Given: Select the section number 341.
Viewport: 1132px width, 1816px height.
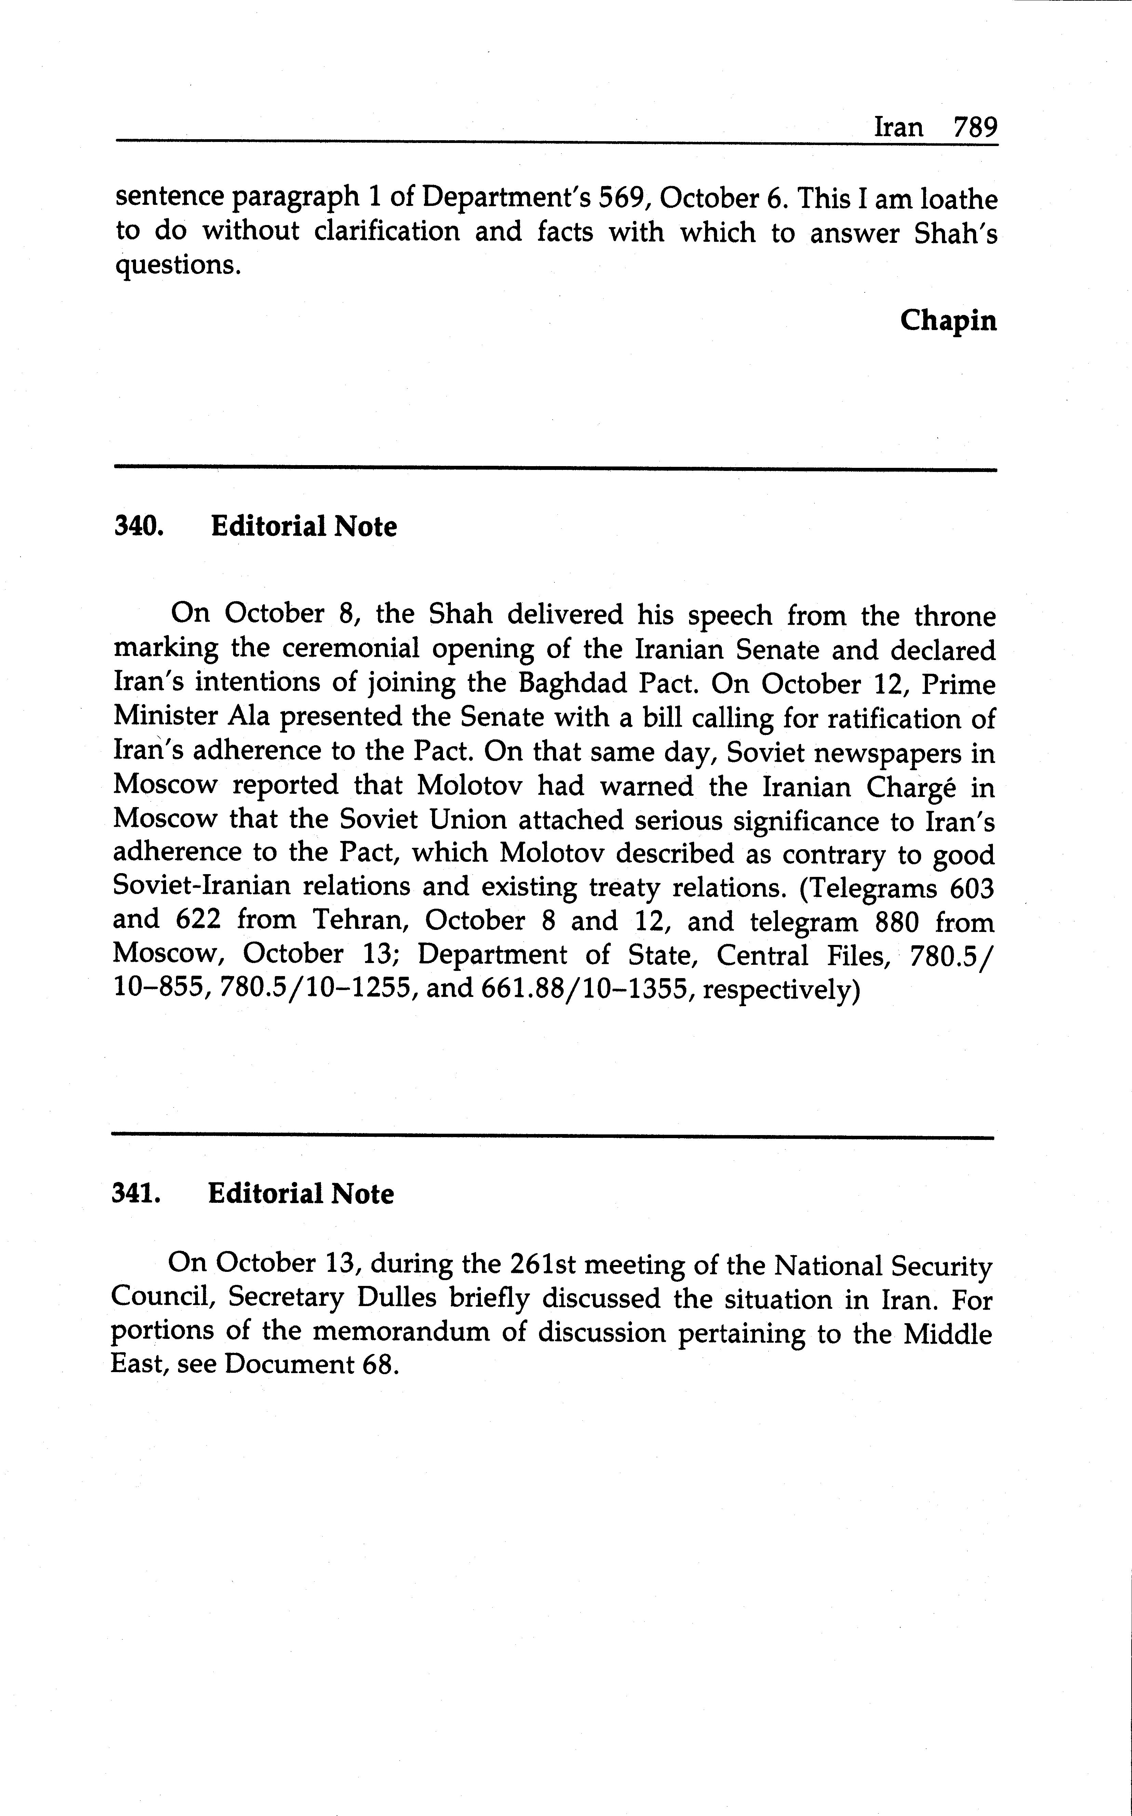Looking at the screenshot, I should [136, 1194].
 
